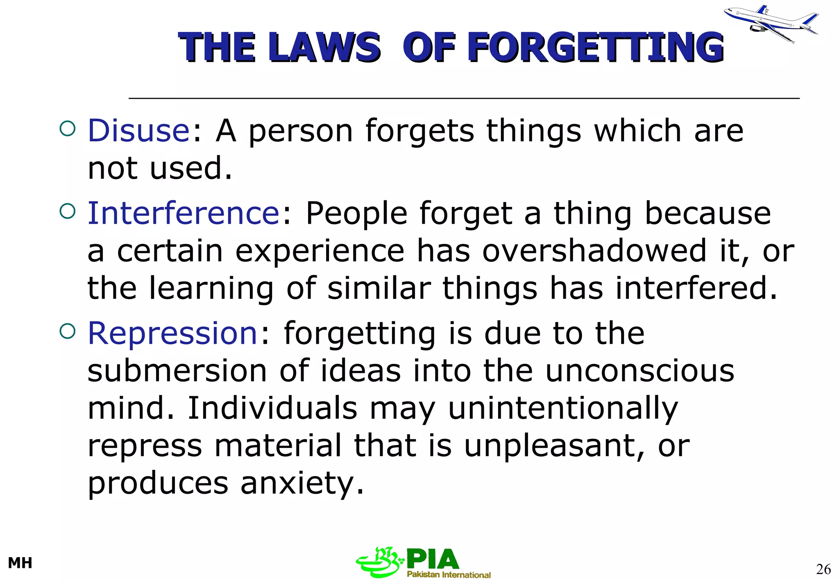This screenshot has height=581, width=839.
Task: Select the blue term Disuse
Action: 138,131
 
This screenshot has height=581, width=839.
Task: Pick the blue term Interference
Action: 184,213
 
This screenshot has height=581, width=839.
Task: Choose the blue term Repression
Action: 172,333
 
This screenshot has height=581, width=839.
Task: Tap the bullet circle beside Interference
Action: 68,211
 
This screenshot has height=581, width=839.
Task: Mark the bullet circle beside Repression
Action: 68,331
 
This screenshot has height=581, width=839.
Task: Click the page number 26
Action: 823,569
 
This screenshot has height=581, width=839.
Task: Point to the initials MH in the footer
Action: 20,563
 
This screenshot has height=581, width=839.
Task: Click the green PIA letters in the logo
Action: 433,560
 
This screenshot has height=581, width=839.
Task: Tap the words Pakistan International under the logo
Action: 449,574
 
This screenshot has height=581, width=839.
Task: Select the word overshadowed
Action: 594,251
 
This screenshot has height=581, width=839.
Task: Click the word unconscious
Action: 640,371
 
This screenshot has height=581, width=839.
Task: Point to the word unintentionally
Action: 563,409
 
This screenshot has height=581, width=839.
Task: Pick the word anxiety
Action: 302,483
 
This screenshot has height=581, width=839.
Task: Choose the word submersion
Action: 177,371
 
